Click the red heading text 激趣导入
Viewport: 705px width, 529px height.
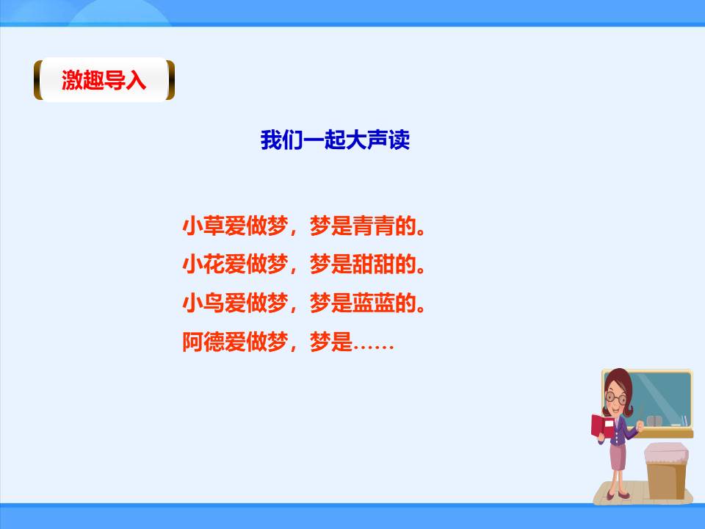point(104,80)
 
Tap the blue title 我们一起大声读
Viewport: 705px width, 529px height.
point(335,140)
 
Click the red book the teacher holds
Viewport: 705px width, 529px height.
point(601,427)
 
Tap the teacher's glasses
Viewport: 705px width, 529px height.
point(616,398)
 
